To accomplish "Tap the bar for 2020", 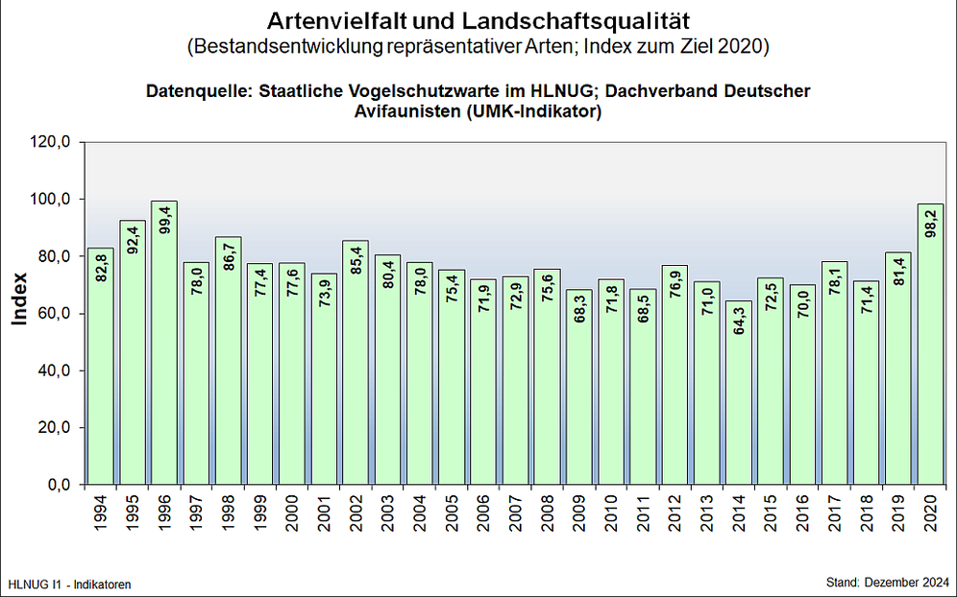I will click(930, 345).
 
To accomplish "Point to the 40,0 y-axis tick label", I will click(57, 370).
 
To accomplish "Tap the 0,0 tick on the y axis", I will click(61, 485).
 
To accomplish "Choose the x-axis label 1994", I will click(101, 517).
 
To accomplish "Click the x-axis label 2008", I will click(547, 517).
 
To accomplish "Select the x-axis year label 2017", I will click(834, 517).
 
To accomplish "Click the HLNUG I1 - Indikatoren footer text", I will click(69, 584).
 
